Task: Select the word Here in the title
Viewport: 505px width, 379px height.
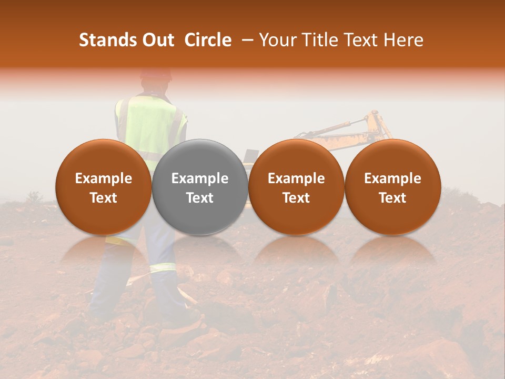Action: [x=403, y=40]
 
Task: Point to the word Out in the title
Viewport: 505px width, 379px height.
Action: [x=157, y=40]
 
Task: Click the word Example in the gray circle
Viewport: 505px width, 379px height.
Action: [x=200, y=178]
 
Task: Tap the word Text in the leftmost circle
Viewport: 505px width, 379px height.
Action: [x=104, y=198]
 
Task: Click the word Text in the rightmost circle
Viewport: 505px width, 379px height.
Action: [x=392, y=198]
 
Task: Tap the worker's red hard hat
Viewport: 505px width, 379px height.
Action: [x=156, y=74]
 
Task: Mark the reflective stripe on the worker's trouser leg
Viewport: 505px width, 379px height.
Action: [x=163, y=267]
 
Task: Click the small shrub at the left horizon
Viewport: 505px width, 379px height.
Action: [x=35, y=197]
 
